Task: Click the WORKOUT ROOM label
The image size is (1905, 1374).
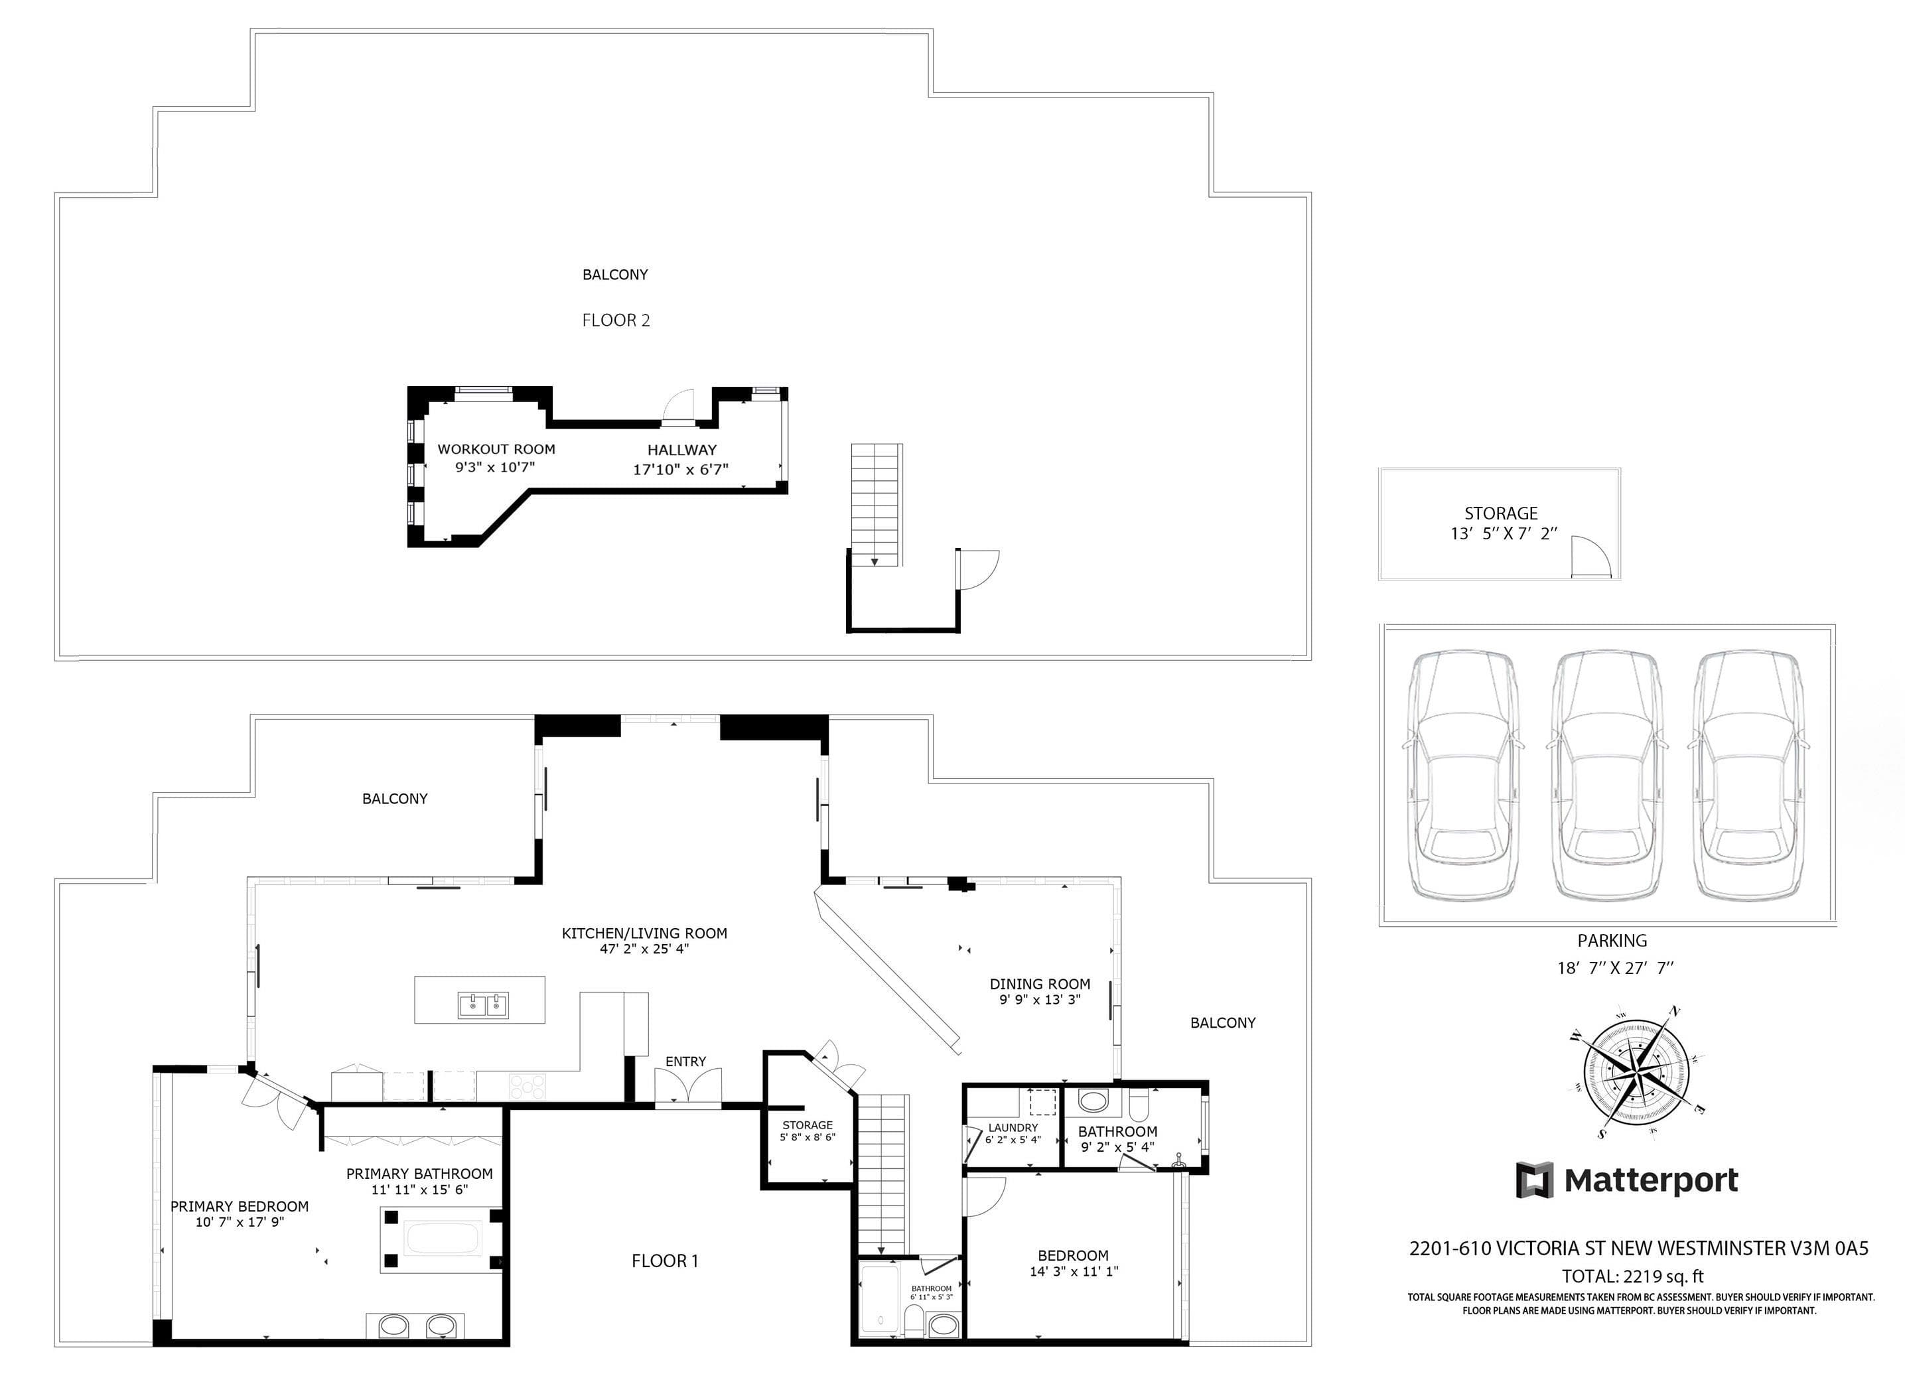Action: (x=496, y=449)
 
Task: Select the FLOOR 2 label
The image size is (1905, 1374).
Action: (x=616, y=320)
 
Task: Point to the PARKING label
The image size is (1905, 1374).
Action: (x=1612, y=941)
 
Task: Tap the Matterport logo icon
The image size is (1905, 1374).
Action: (x=1535, y=1180)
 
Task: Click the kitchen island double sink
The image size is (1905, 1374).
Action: (x=483, y=1005)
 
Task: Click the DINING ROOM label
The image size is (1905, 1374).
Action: (x=1040, y=983)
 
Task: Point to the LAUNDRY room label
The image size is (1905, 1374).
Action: (x=1013, y=1127)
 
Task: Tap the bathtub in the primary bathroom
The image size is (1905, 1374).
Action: (x=442, y=1239)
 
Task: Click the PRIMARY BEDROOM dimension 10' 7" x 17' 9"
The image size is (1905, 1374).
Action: (x=240, y=1222)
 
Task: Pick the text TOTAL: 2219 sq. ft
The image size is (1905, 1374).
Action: (x=1632, y=1276)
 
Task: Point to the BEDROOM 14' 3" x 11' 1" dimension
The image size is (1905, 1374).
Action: (x=1074, y=1272)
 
